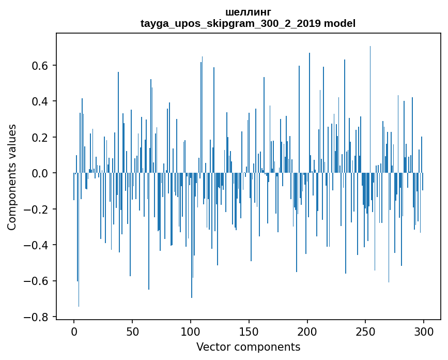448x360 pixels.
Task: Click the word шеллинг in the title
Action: (x=248, y=12)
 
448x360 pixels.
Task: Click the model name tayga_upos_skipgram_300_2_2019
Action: (x=230, y=24)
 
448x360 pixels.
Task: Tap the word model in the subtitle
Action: (x=340, y=24)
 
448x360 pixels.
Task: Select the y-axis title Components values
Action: (x=12, y=177)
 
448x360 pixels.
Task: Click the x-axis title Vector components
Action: (x=248, y=347)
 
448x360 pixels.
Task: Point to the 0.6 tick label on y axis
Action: (x=40, y=66)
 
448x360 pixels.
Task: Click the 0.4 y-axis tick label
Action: (x=40, y=101)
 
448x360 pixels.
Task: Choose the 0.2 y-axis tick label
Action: (x=40, y=138)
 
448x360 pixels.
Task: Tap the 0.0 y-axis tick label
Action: (x=40, y=173)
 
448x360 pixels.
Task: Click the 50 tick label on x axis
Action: (x=132, y=332)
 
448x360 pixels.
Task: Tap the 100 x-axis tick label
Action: (x=191, y=332)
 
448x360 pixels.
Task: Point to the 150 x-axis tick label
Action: (x=249, y=332)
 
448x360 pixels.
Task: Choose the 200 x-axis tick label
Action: (x=307, y=332)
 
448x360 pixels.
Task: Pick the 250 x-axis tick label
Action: (x=366, y=332)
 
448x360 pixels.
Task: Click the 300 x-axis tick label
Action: (x=424, y=332)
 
